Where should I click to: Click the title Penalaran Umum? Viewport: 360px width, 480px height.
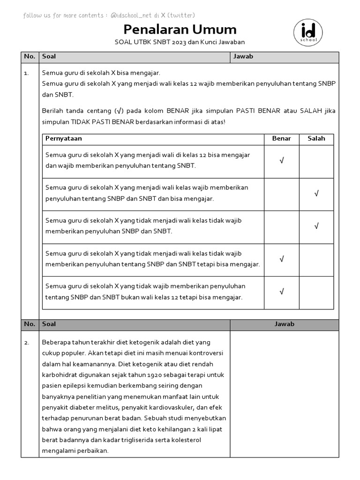(180, 30)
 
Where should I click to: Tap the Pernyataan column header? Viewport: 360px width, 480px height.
(64, 138)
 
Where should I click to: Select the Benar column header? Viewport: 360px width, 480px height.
(281, 138)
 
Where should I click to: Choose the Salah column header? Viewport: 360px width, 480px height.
(316, 138)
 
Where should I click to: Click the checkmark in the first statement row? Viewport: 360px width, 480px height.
(282, 161)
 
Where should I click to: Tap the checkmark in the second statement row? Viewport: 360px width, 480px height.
(316, 194)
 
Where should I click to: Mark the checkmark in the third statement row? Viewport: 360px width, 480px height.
(316, 226)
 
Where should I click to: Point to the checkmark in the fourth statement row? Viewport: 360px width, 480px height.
(282, 259)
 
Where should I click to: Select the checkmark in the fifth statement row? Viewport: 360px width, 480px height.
(282, 292)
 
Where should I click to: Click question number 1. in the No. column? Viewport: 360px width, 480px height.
(26, 73)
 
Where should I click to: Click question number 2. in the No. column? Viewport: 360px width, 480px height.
(26, 342)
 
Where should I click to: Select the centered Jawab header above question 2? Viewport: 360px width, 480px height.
(284, 324)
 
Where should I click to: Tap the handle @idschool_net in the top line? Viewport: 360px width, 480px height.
(133, 15)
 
